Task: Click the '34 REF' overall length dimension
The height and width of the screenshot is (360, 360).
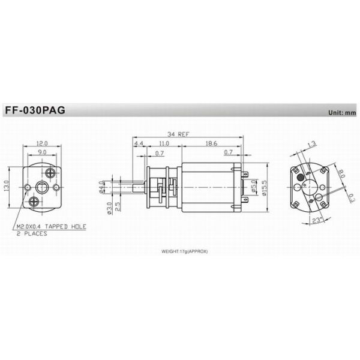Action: [x=179, y=134]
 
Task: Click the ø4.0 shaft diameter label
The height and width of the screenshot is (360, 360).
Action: [x=102, y=190]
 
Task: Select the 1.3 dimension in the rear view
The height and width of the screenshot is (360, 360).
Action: [x=311, y=144]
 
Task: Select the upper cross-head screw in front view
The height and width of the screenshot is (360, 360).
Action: [x=50, y=171]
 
